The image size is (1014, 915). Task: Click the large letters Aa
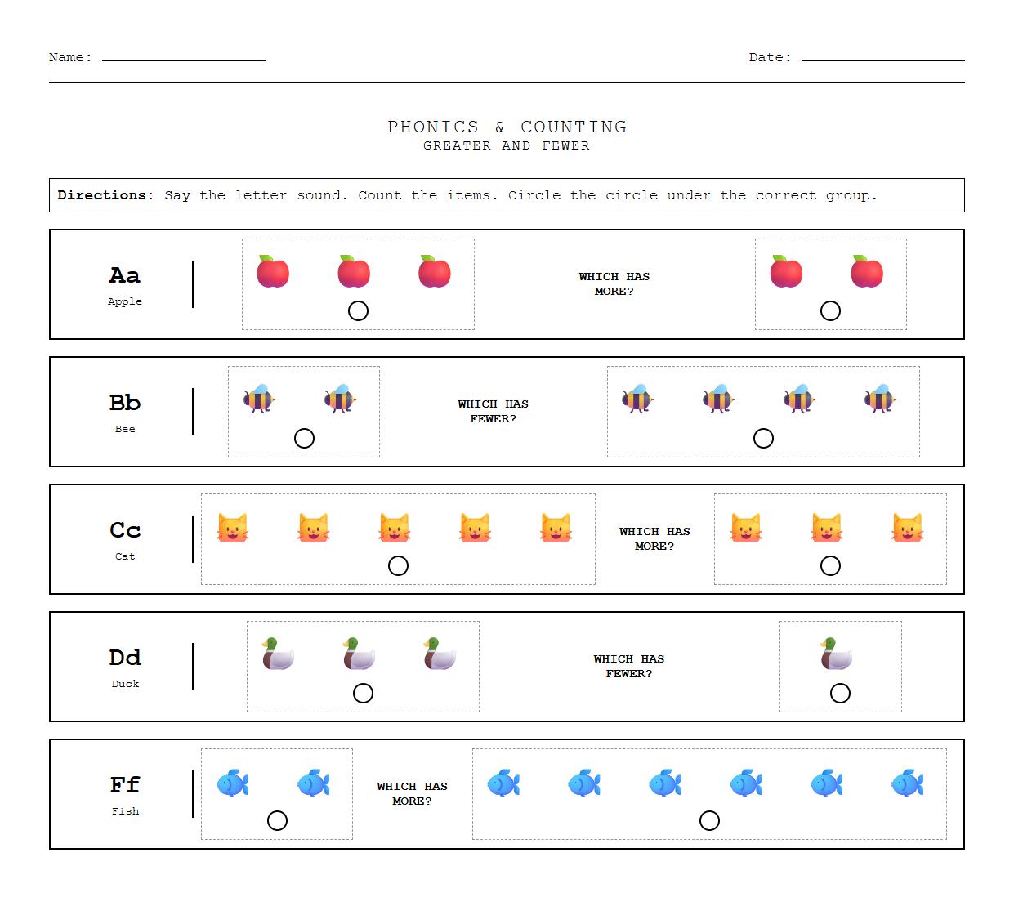[x=125, y=275]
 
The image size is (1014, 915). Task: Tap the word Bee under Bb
[x=125, y=429]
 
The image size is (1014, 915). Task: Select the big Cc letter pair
[x=125, y=530]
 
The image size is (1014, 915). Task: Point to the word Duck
[x=125, y=684]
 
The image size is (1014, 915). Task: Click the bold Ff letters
[x=125, y=785]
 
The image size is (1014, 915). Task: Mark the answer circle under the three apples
[x=358, y=310]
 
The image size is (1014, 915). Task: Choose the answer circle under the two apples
[x=830, y=310]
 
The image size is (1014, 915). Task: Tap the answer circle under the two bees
[x=304, y=438]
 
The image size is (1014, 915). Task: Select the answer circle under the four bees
[x=763, y=438]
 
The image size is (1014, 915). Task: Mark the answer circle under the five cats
[x=398, y=565]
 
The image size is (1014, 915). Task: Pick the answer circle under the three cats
[x=830, y=565]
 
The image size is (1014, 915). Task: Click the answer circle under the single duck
[x=840, y=693]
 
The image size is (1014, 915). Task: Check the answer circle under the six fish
[x=709, y=820]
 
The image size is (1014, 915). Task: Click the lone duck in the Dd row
[x=837, y=654]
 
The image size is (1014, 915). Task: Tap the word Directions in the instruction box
[x=105, y=195]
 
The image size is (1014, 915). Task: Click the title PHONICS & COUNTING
[x=507, y=127]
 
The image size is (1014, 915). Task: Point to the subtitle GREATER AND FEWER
[x=507, y=145]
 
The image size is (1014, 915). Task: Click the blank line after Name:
[x=184, y=59]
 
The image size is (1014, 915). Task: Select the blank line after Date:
[x=882, y=59]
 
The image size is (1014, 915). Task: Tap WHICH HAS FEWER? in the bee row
[x=494, y=411]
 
